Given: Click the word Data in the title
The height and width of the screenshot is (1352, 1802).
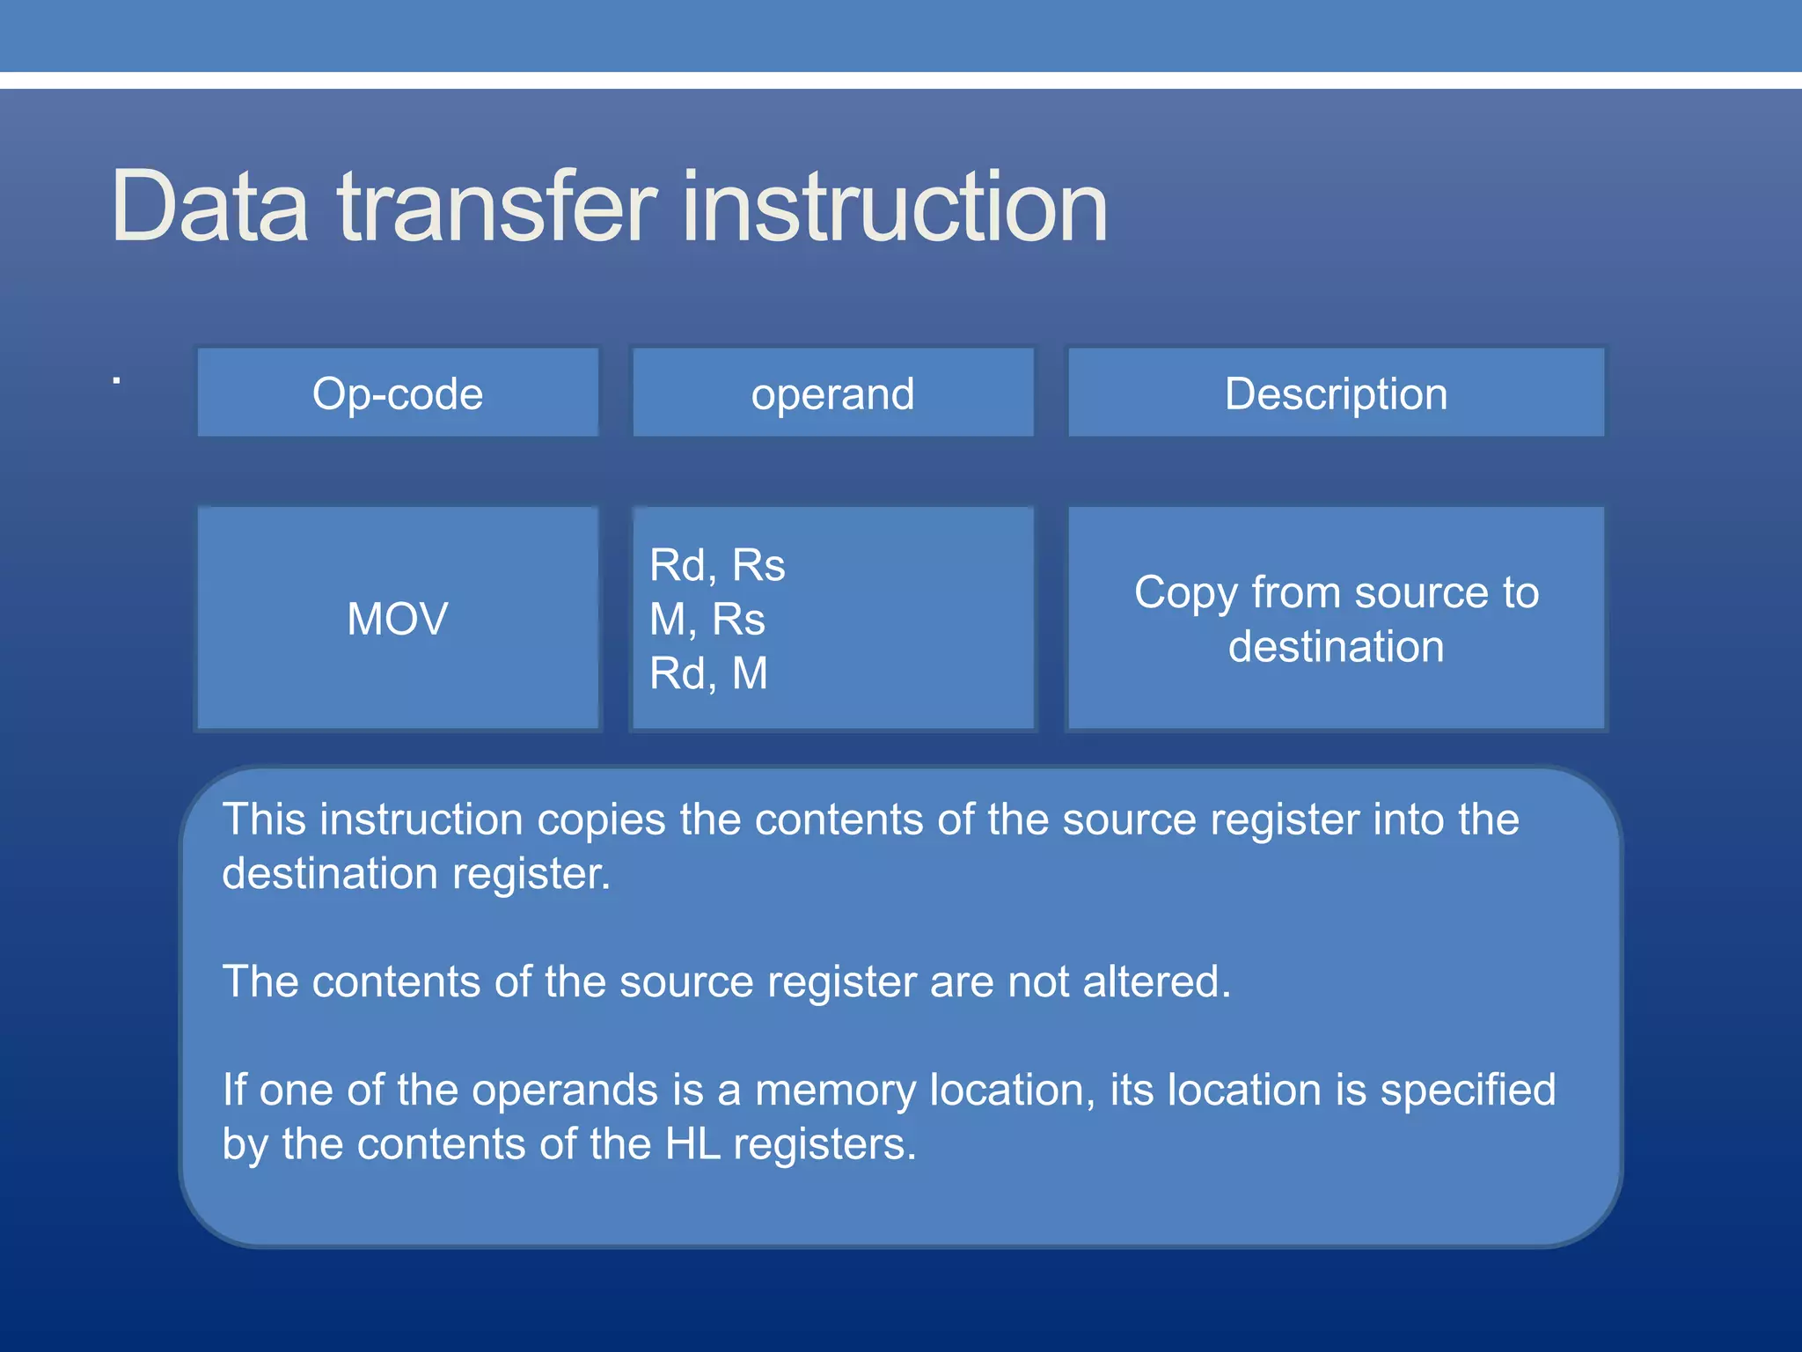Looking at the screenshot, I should coord(209,208).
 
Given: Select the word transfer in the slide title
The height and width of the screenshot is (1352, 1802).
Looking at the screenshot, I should coord(497,208).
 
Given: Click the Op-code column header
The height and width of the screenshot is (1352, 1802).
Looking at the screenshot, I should coord(398,393).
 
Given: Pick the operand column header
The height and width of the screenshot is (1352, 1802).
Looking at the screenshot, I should coord(832,393).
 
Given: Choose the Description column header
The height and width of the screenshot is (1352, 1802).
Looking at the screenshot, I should coord(1336,393).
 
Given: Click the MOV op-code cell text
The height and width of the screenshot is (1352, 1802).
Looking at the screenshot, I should coord(398,618).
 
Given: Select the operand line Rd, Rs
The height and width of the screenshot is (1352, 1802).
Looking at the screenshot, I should coord(716,565).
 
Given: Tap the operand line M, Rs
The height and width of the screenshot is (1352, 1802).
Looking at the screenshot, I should coord(707,619).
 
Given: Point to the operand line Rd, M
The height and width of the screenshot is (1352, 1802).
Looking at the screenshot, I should coord(708,673).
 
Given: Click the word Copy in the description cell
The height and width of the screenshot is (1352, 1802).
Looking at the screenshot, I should coord(1185,593).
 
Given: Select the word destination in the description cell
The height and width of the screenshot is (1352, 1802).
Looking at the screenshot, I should coord(1336,647).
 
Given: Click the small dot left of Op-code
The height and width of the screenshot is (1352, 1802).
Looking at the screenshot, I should coord(116,381).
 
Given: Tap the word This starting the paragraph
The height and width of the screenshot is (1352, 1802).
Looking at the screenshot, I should coord(264,819).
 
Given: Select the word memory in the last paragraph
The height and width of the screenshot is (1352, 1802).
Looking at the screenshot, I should coord(835,1090).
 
